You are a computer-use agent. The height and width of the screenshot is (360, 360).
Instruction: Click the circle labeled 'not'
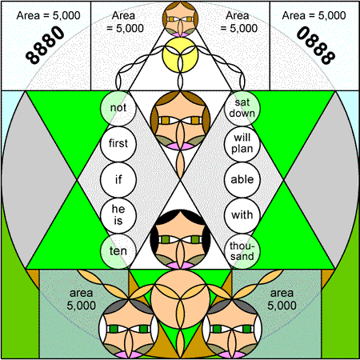118,108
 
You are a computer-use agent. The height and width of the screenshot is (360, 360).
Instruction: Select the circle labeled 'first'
118,144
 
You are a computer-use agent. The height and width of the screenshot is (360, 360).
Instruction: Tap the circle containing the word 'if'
118,180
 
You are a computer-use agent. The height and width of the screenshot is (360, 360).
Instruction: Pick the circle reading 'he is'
118,215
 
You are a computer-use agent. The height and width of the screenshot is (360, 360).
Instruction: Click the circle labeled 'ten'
118,251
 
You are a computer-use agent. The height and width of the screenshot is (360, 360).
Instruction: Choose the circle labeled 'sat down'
242,108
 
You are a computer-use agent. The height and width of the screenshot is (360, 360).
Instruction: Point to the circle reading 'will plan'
242,144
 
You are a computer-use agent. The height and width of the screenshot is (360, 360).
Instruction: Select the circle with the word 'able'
242,180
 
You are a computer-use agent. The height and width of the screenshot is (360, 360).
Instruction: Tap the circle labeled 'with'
242,215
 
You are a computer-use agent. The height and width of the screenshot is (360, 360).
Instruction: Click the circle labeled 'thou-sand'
242,251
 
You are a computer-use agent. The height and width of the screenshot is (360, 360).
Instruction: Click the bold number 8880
45,45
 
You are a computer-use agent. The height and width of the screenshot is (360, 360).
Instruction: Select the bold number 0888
316,45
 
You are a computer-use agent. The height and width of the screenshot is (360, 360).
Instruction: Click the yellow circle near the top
180,55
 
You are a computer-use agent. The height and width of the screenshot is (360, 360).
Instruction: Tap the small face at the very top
180,19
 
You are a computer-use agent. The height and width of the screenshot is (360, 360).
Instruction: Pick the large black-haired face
180,239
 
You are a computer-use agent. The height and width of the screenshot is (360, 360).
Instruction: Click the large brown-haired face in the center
180,121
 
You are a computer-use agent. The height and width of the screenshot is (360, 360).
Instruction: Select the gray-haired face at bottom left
129,329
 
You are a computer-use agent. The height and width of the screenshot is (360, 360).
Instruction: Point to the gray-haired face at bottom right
232,329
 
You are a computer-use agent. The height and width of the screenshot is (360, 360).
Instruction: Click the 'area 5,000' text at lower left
81,299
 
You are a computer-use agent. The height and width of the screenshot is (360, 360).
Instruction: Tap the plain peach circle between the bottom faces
180,299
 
